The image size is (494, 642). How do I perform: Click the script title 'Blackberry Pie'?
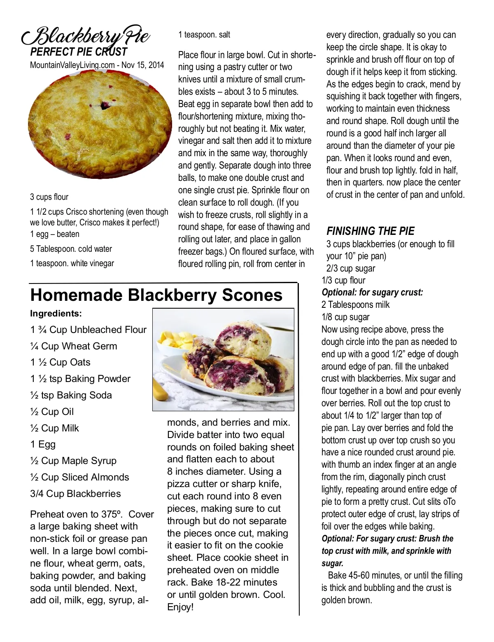pyautogui.click(x=86, y=36)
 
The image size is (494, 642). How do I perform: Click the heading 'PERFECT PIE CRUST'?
pyautogui.click(x=79, y=52)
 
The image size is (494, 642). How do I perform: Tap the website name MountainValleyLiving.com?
pyautogui.click(x=72, y=65)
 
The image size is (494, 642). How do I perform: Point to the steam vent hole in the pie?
pyautogui.click(x=106, y=105)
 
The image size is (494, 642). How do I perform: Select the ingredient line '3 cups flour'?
pyautogui.click(x=49, y=197)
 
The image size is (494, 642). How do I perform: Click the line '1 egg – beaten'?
pyautogui.click(x=54, y=234)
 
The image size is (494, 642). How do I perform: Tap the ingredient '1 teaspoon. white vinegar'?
pyautogui.click(x=72, y=263)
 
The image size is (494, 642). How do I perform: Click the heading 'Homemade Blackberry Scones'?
pyautogui.click(x=156, y=295)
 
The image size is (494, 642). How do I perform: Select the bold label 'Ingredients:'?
pyautogui.click(x=56, y=314)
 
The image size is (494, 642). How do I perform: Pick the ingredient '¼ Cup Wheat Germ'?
pyautogui.click(x=73, y=346)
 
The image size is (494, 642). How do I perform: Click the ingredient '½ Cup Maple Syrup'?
pyautogui.click(x=73, y=461)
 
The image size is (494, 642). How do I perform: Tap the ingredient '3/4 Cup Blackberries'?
pyautogui.click(x=75, y=494)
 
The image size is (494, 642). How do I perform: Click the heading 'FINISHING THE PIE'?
pyautogui.click(x=370, y=231)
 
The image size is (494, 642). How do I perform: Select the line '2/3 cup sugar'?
pyautogui.click(x=351, y=269)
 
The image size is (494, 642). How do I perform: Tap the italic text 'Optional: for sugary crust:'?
pyautogui.click(x=372, y=293)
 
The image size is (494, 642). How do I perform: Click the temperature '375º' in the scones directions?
pyautogui.click(x=112, y=514)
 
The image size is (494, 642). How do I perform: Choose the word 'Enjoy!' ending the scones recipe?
pyautogui.click(x=180, y=607)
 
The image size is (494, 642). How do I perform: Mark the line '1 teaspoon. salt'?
pyautogui.click(x=204, y=35)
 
